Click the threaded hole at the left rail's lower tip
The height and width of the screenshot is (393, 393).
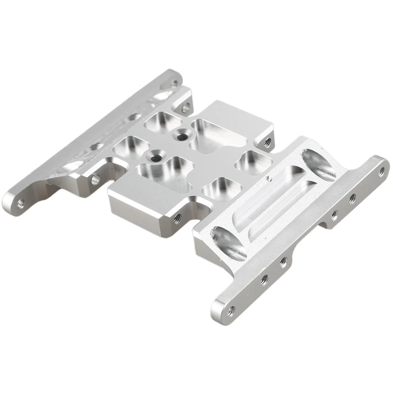click(x=21, y=202)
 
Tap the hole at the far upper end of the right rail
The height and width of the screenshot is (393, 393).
click(x=382, y=171)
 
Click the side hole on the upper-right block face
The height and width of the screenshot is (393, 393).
click(x=267, y=143)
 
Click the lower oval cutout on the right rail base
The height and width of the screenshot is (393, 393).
click(x=227, y=244)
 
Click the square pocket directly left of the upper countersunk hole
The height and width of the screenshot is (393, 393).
click(x=161, y=119)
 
